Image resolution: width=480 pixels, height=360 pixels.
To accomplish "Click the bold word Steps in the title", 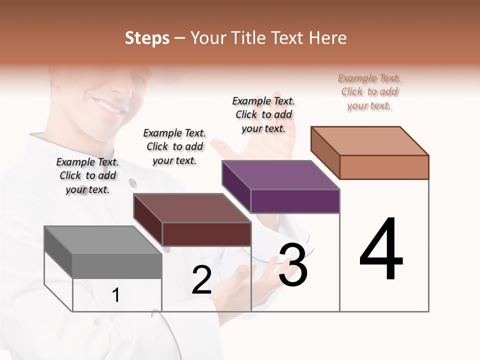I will pyautogui.click(x=147, y=38).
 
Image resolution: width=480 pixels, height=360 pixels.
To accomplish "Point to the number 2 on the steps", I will pyautogui.click(x=202, y=280).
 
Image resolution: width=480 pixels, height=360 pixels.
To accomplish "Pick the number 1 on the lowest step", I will pyautogui.click(x=116, y=295).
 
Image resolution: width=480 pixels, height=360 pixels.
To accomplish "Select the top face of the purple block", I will pyautogui.click(x=280, y=175).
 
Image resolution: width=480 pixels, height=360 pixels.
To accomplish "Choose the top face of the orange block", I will pyautogui.click(x=369, y=141).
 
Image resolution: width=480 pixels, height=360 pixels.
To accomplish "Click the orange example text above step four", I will pyautogui.click(x=369, y=91).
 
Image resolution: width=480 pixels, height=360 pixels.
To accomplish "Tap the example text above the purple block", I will pyautogui.click(x=264, y=114).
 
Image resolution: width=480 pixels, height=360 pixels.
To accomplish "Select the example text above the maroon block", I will pyautogui.click(x=174, y=146).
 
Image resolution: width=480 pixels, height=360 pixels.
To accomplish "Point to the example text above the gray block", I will pyautogui.click(x=87, y=175).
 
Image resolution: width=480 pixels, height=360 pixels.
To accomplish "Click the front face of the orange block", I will pyautogui.click(x=384, y=167).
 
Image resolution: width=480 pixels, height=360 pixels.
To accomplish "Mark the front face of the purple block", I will pyautogui.click(x=295, y=201).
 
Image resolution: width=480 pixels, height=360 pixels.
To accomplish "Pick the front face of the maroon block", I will pyautogui.click(x=206, y=234).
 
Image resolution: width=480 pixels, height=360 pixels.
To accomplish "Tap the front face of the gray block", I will pyautogui.click(x=117, y=266).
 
